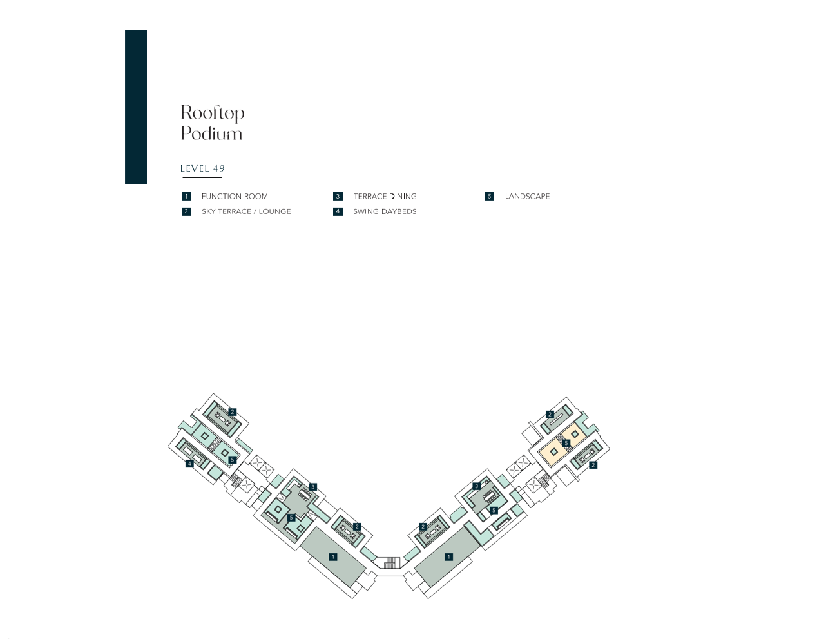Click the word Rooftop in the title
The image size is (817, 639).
(x=213, y=113)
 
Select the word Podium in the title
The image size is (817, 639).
(x=212, y=133)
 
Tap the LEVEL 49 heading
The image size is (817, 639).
(x=203, y=168)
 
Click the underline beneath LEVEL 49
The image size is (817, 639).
(x=202, y=177)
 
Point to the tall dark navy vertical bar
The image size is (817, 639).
(x=136, y=107)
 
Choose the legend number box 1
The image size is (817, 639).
(x=186, y=196)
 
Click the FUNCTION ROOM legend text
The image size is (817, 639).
(x=235, y=196)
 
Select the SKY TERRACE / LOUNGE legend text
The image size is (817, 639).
(x=246, y=211)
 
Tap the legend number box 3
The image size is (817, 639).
(x=338, y=196)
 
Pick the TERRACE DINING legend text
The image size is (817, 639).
(x=385, y=196)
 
